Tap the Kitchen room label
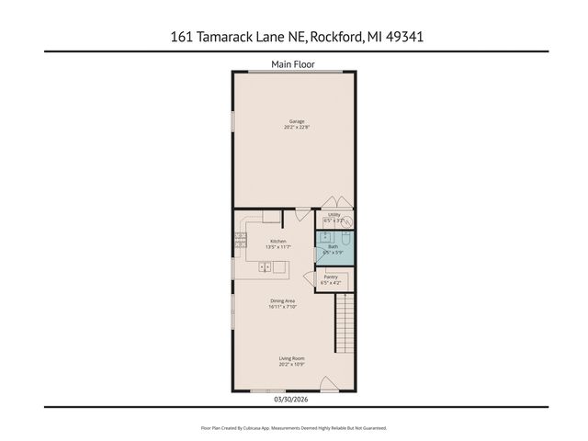pos(277,241)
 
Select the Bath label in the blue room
pos(334,246)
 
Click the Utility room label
pos(334,215)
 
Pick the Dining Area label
pos(283,301)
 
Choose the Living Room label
pos(292,358)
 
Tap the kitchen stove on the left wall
pos(241,242)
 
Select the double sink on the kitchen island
pos(266,267)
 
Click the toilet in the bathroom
pos(346,237)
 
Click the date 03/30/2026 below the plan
pos(292,399)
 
